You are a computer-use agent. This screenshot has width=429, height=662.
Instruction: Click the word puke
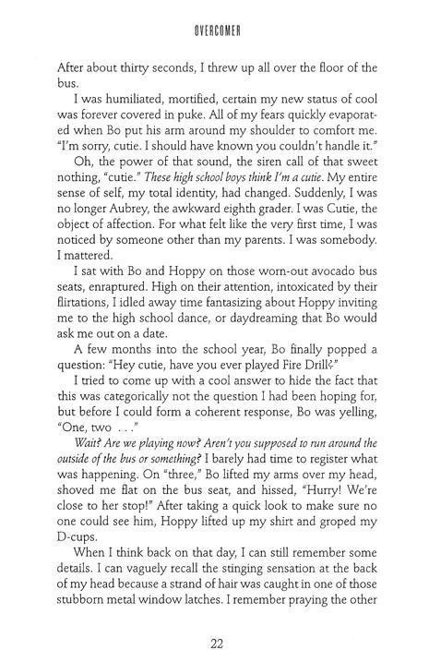(206, 136)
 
